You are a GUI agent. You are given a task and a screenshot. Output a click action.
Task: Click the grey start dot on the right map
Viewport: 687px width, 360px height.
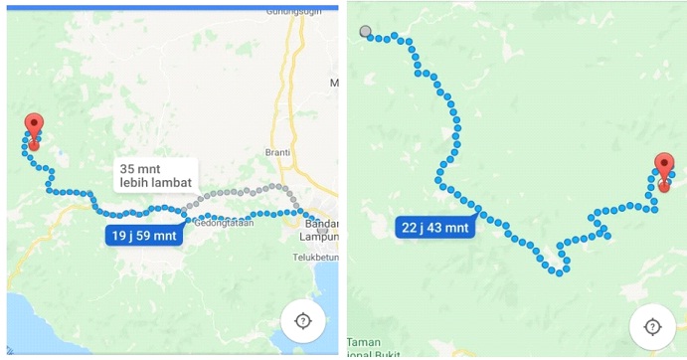coord(366,32)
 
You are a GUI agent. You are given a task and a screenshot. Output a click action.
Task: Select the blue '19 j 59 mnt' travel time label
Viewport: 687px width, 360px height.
coord(144,236)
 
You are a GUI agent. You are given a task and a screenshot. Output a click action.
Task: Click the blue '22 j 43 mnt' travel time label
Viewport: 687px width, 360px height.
coord(434,227)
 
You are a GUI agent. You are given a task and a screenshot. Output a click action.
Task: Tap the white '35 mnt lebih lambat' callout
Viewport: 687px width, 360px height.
coord(154,175)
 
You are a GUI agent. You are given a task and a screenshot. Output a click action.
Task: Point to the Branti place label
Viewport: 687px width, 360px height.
coord(277,152)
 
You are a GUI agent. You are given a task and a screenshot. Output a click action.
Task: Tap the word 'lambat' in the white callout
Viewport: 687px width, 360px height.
coord(169,183)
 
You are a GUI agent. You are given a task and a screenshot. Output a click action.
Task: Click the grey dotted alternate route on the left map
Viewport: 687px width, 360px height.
coord(239,191)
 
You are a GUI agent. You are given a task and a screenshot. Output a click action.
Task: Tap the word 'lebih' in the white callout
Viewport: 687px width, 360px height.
coord(134,183)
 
